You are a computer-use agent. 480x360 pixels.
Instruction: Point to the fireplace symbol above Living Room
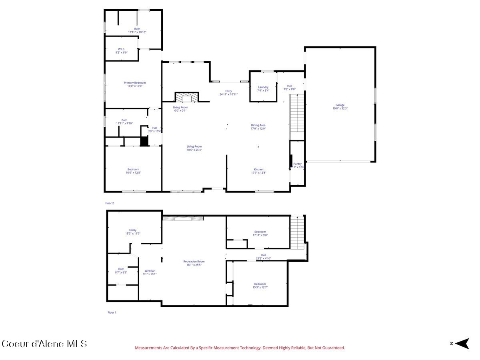tap(186, 97)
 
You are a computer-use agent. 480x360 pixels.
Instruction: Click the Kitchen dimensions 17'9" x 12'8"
tap(258, 173)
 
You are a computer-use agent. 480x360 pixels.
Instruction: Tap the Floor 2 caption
tap(110, 203)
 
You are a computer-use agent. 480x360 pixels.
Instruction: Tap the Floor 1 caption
tap(112, 312)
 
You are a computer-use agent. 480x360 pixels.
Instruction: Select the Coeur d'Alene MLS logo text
tap(44, 344)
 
